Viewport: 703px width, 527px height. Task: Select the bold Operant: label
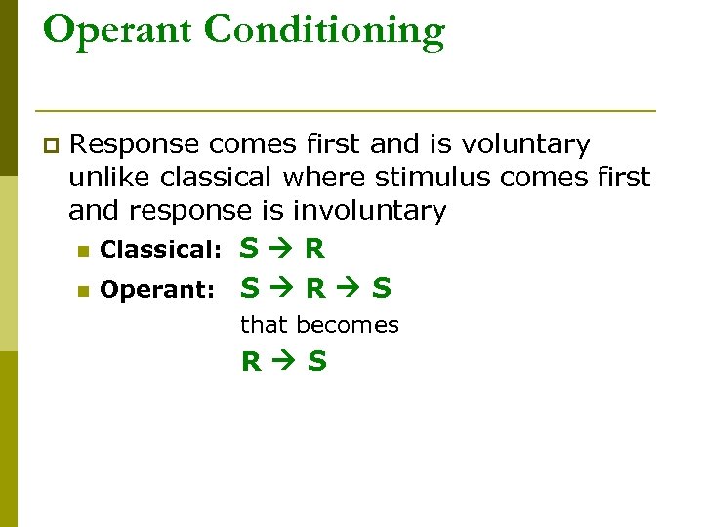157,290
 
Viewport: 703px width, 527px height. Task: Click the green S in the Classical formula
250,249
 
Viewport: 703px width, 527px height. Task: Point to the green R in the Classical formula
314,249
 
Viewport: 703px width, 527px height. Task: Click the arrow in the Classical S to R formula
282,250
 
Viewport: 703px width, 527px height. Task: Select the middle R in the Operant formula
315,288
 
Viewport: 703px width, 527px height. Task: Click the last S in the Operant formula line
382,288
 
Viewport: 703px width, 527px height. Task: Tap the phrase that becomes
319,325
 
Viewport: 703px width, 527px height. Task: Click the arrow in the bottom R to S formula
284,363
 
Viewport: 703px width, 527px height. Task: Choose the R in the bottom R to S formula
252,363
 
